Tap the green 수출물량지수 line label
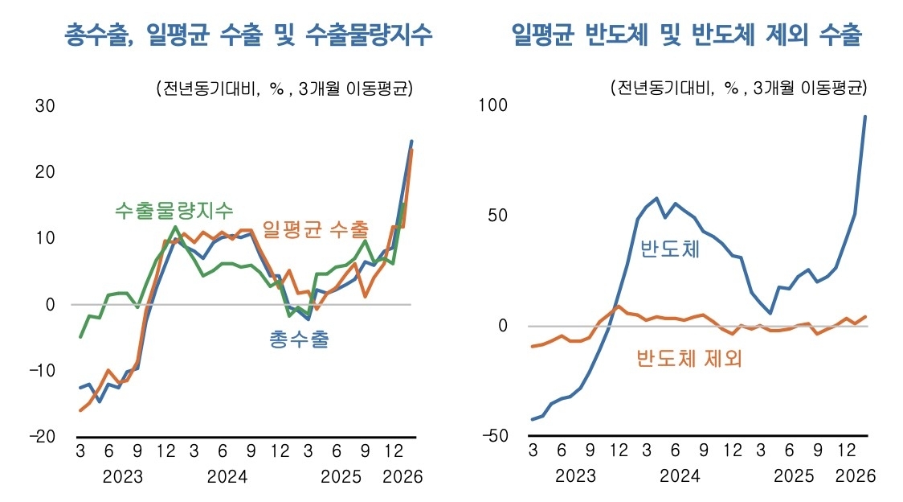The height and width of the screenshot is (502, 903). [x=174, y=211]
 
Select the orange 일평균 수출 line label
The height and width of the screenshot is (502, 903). [x=316, y=228]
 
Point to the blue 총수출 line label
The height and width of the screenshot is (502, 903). [x=299, y=339]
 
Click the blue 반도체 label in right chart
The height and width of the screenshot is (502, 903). [x=670, y=249]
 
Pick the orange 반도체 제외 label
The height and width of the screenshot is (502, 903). [x=688, y=358]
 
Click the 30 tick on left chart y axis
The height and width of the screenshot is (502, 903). [x=45, y=106]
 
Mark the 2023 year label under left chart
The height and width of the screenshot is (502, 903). [x=123, y=476]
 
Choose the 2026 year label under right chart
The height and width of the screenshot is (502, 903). [x=854, y=476]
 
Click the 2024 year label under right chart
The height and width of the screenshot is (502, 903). [x=680, y=476]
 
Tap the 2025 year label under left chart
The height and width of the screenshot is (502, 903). [x=341, y=476]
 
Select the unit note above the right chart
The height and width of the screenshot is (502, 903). [x=738, y=88]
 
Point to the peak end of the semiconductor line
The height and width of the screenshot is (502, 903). [x=865, y=117]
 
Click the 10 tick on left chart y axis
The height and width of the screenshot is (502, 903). [x=45, y=238]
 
